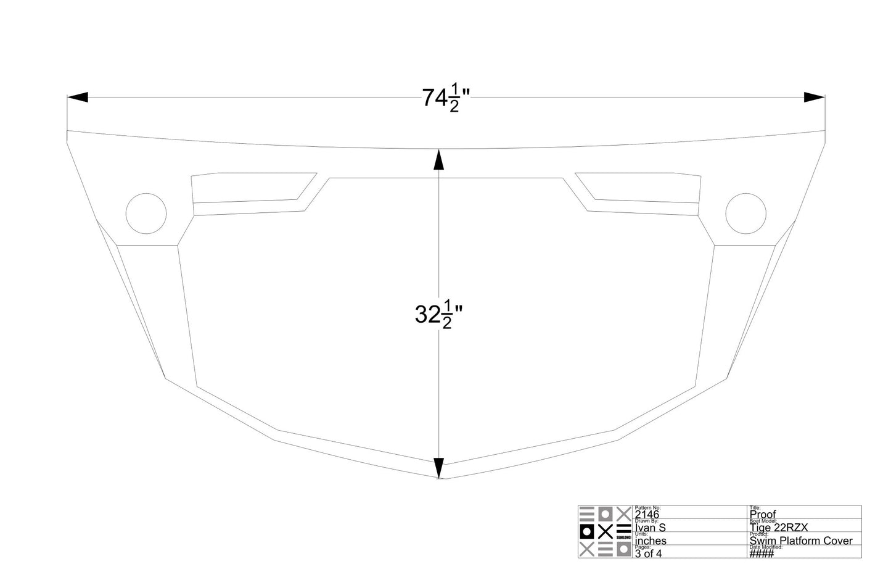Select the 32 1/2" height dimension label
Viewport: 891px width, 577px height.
438,315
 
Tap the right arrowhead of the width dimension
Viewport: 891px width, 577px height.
815,98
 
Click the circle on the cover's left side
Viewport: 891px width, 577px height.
146,213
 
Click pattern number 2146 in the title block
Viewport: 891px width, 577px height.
647,515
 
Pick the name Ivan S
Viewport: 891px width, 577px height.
650,528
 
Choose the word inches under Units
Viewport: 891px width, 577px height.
651,541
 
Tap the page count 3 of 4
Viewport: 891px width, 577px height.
648,554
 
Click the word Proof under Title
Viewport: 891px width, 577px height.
763,515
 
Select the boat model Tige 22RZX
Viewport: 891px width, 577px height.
778,528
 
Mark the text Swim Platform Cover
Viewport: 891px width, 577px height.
801,541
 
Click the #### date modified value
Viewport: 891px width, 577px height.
761,554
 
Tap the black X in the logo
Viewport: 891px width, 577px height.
606,531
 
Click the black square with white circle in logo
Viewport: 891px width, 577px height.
586,531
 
